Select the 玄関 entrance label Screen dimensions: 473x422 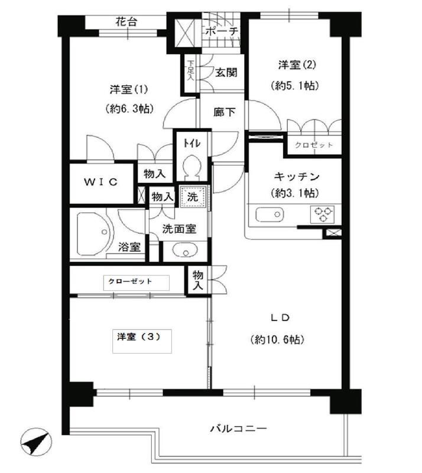pyautogui.click(x=226, y=73)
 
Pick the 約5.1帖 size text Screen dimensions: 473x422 pyautogui.click(x=296, y=85)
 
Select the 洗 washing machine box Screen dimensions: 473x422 pyautogui.click(x=193, y=196)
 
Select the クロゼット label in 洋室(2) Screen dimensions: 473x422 pyautogui.click(x=314, y=145)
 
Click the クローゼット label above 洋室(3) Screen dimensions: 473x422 pyautogui.click(x=131, y=281)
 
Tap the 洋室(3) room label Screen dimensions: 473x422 pyautogui.click(x=135, y=336)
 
